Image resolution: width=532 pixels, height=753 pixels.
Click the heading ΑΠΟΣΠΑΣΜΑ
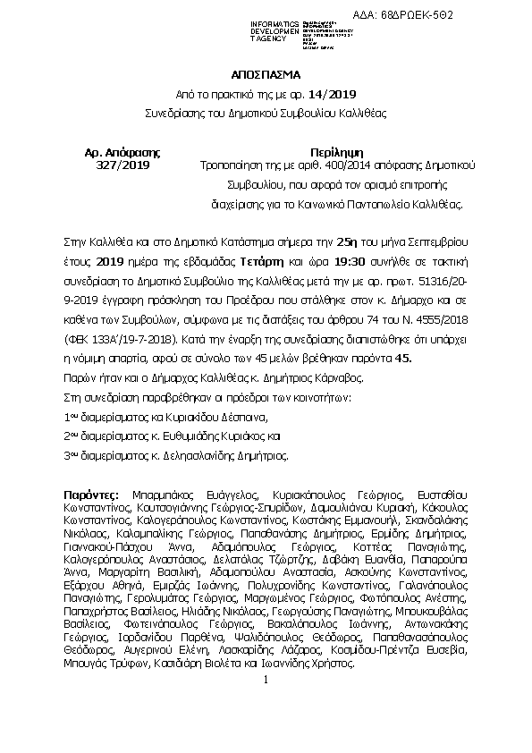(266, 76)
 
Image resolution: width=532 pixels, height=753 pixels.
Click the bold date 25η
(320, 242)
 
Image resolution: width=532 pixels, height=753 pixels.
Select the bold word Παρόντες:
(93, 494)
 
